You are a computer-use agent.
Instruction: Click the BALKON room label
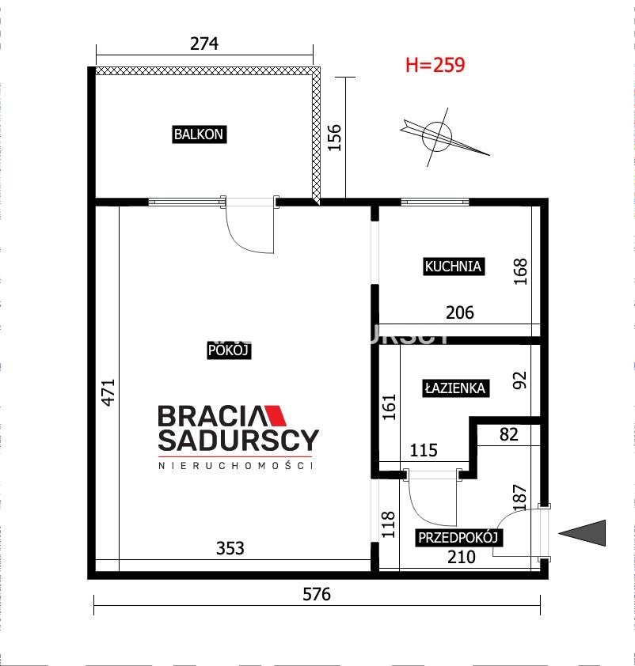click(199, 134)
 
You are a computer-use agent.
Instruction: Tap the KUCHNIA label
click(454, 267)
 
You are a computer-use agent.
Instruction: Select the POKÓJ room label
click(229, 350)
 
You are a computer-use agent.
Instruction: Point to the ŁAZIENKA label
click(455, 388)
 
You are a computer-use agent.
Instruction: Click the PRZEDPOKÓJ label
click(458, 537)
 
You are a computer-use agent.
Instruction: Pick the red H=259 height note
click(435, 65)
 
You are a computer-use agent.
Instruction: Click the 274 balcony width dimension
click(204, 44)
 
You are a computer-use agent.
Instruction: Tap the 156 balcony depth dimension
click(335, 137)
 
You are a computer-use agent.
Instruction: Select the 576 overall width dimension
click(317, 594)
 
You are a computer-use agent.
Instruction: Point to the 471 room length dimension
click(108, 392)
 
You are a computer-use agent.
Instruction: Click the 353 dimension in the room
click(230, 548)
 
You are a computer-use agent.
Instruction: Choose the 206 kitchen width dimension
click(460, 312)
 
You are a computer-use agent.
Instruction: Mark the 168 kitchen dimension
click(521, 271)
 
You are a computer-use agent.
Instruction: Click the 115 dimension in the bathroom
click(424, 450)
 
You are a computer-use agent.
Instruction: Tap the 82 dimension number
click(509, 434)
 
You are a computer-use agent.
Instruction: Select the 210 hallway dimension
click(462, 556)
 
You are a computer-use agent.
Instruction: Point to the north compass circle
click(436, 136)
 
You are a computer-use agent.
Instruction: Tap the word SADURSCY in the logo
click(238, 440)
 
